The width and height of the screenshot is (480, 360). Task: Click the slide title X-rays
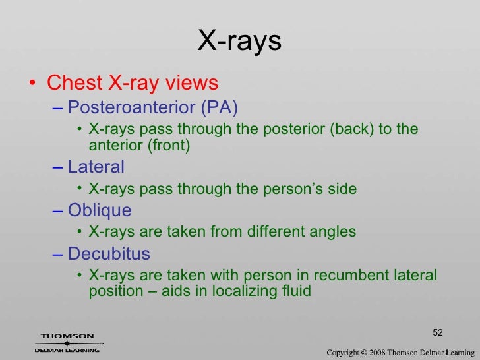coord(239,42)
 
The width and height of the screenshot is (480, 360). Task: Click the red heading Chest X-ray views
coord(132,84)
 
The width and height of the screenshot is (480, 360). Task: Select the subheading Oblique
coord(100,210)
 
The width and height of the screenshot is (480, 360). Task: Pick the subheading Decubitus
coord(109,254)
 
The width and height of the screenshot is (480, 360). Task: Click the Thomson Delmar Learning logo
coord(68,343)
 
